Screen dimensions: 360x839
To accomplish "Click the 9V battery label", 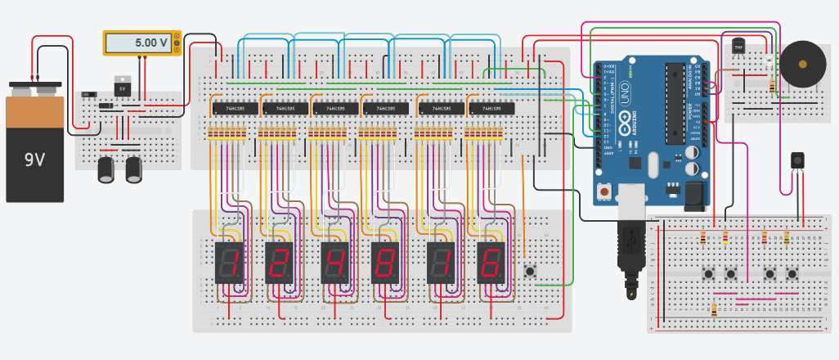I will [34, 160].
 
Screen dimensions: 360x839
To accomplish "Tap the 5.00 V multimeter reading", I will [151, 43].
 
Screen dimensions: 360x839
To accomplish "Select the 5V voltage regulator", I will [123, 86].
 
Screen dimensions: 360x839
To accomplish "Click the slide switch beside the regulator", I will [88, 96].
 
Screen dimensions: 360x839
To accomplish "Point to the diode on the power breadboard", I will [106, 106].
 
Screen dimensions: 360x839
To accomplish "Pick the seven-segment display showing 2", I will [279, 263].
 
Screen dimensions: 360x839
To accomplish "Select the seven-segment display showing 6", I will [491, 263].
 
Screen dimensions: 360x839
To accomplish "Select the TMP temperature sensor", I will [739, 47].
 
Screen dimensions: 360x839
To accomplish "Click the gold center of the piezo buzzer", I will [803, 64].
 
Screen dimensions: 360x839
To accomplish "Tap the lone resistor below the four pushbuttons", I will [715, 309].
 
